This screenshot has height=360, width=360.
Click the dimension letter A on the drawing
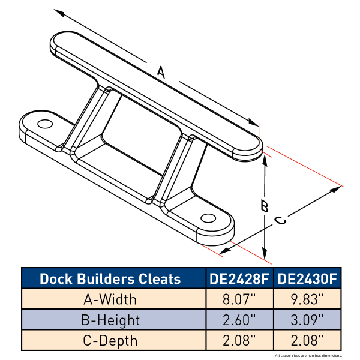[x=161, y=72]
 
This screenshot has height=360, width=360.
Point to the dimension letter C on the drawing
[x=280, y=220]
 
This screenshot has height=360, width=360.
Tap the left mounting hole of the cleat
[x=44, y=124]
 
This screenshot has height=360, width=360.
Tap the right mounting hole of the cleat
[x=208, y=217]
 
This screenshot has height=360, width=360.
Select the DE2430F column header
[x=307, y=278]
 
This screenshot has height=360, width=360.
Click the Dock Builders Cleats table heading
[x=110, y=278]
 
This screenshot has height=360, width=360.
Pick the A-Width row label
[x=110, y=299]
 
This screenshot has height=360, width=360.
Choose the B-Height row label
[x=110, y=319]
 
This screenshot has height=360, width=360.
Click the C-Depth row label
[x=110, y=340]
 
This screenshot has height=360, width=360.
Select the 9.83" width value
[x=307, y=299]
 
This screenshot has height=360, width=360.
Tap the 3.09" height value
[x=307, y=319]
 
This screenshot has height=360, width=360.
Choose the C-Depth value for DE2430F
[x=307, y=340]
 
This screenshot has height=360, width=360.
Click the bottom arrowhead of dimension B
[x=265, y=254]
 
